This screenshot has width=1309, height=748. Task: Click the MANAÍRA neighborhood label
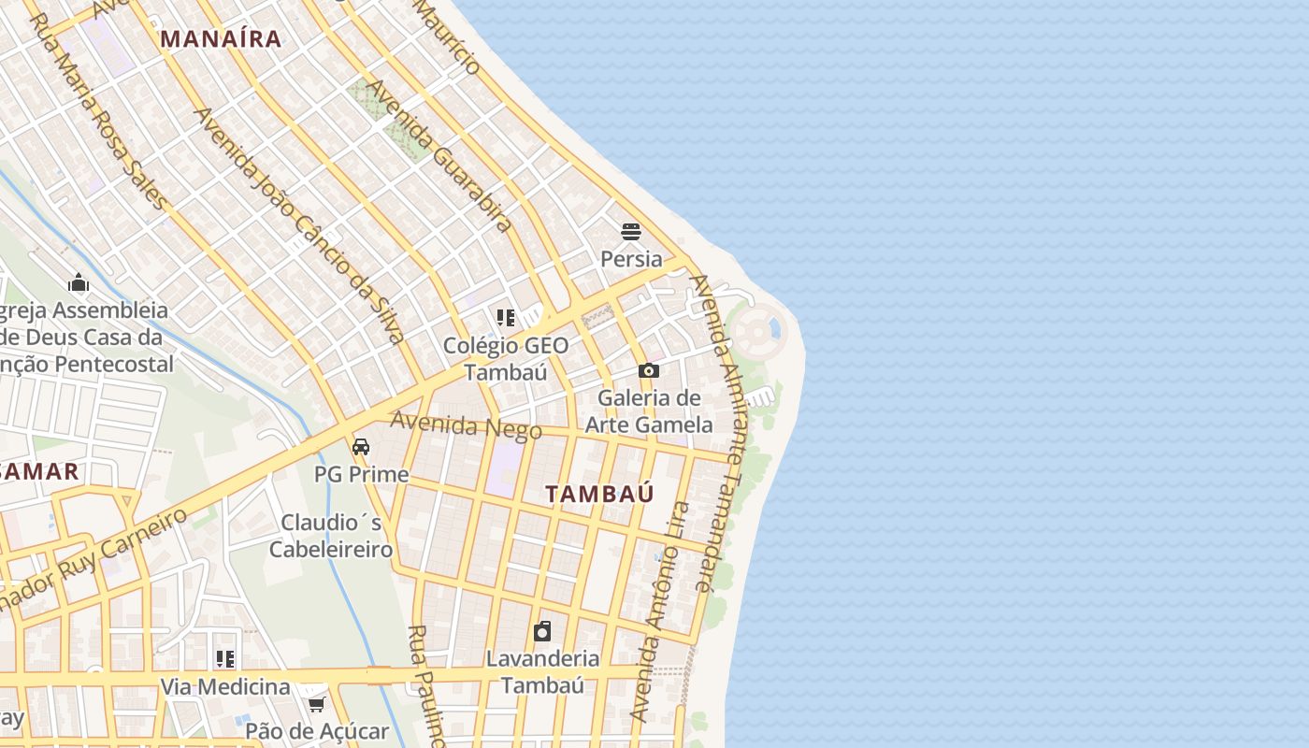point(221,38)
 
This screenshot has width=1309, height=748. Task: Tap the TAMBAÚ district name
point(599,494)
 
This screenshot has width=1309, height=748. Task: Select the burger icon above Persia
point(631,231)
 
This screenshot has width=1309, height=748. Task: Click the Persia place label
point(631,259)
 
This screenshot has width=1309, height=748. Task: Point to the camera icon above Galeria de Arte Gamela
point(649,371)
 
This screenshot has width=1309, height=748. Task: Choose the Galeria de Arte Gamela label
point(649,411)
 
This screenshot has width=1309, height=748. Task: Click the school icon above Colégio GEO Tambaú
point(506,318)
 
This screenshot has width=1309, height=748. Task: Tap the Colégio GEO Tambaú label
point(506,359)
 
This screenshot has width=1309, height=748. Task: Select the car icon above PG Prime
point(361,447)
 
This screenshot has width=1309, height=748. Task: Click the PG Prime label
point(361,474)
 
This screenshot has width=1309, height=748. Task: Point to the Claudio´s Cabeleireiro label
point(331,536)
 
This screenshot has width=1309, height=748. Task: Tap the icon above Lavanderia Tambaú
point(542,631)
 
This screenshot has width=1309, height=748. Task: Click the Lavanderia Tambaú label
point(542,671)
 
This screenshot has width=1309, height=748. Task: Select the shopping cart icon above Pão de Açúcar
point(317,703)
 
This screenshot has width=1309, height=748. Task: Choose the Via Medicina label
point(225,687)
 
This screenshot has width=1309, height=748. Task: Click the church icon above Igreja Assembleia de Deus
point(79,282)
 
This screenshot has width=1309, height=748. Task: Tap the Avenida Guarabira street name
point(439,155)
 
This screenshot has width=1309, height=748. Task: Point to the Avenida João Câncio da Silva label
point(299,225)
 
